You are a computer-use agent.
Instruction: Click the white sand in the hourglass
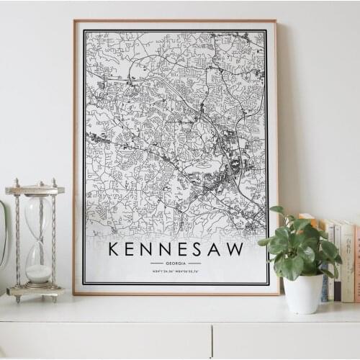39,273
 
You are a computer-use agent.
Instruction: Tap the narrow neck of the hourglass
38,238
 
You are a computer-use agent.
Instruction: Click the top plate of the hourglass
35,190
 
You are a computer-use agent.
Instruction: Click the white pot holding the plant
304,293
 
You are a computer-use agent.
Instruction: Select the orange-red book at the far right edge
356,263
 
